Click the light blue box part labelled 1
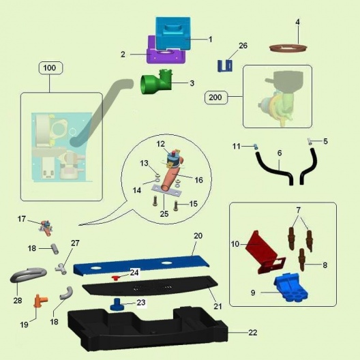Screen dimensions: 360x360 pos(173,33)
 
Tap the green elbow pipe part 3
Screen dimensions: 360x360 pos(156,82)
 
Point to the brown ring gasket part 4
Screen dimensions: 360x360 pos(288,48)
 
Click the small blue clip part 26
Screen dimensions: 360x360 pos(225,65)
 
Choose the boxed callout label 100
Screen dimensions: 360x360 pos(50,68)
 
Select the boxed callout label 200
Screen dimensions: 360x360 pos(216,97)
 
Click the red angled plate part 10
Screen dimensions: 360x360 pos(265,252)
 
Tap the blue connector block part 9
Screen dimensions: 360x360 pos(291,288)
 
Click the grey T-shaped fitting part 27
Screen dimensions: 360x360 pos(61,269)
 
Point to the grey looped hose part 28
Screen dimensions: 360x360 pos(29,275)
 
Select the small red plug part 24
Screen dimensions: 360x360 pos(115,278)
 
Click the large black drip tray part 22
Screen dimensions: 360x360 pos(147,329)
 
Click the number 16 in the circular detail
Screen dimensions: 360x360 pos(199,180)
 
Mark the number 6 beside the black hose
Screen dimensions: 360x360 pos(280,153)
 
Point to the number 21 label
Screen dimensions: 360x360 pos(217,306)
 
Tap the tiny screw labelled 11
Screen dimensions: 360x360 pos(256,147)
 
